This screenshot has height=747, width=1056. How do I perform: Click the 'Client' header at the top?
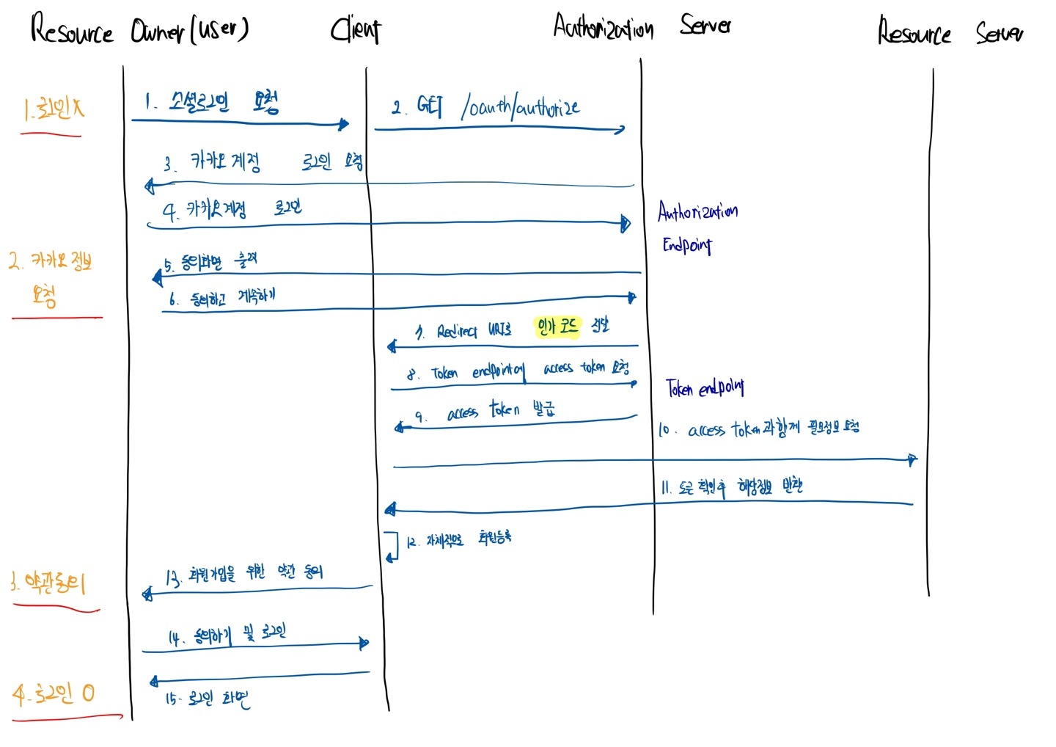coord(356,30)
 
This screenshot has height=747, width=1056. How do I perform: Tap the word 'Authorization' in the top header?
coord(603,28)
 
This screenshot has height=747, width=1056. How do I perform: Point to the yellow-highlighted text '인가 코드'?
coord(557,327)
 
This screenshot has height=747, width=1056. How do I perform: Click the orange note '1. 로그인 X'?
coord(53,110)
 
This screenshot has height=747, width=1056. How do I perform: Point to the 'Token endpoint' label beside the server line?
coord(705,387)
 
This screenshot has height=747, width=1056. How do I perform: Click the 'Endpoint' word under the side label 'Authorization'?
coord(687,245)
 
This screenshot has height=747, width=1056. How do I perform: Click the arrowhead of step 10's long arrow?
coord(912,460)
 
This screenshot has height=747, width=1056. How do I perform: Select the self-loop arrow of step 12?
coord(392,547)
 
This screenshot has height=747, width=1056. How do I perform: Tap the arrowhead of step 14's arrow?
coord(364,644)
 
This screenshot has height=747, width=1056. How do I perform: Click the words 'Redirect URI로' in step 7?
coord(474,331)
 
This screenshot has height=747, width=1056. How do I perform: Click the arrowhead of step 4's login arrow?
coord(626,223)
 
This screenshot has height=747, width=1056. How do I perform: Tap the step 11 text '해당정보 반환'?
coord(770,486)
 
